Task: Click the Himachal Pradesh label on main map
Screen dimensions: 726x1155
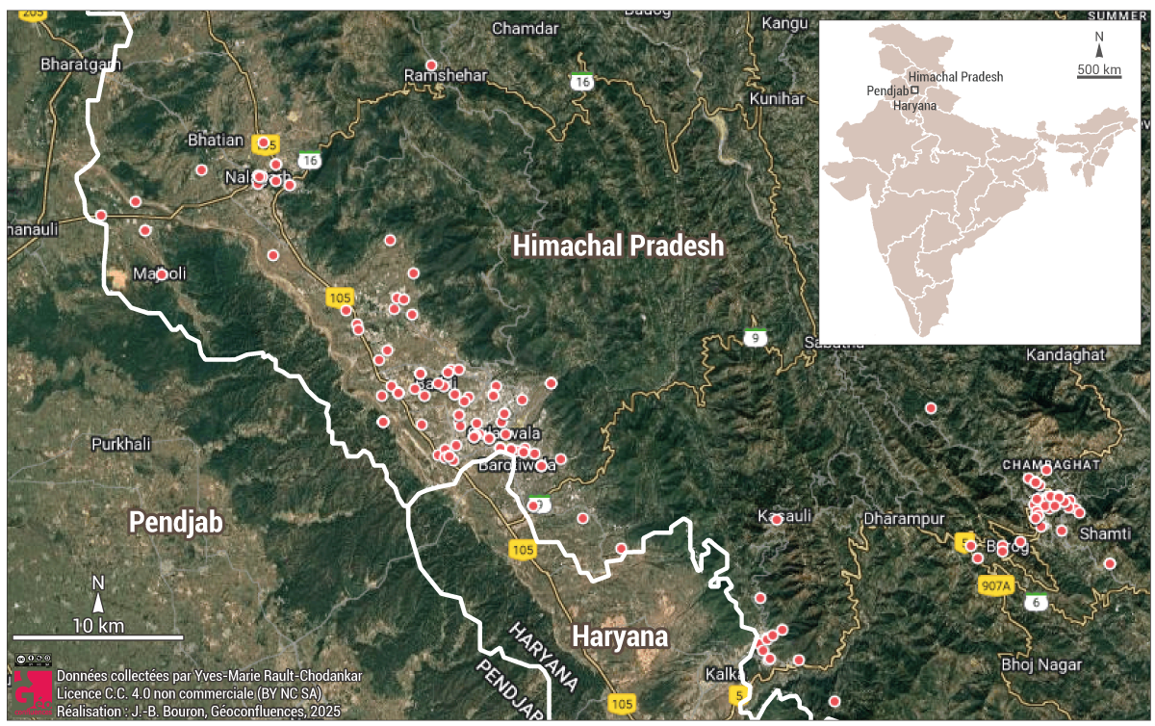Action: pos(618,246)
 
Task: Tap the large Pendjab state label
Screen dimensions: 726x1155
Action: pos(176,523)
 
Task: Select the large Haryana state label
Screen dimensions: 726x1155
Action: pos(620,637)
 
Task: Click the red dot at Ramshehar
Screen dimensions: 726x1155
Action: pos(431,65)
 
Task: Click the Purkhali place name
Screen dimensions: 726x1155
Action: pos(121,444)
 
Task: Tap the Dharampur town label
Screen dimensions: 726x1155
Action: pos(904,519)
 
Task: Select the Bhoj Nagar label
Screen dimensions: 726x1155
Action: pos(1040,664)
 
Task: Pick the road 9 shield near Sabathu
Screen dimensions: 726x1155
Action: pos(757,338)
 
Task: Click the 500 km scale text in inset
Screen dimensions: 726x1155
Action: pos(1099,70)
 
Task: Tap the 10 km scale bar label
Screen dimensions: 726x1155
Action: pos(98,626)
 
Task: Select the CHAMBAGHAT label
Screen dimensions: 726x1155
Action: pos(1051,464)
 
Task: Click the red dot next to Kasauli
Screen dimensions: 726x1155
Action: pos(777,519)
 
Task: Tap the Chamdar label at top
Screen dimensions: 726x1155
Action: pos(526,29)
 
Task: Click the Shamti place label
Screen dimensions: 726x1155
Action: pos(1105,533)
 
